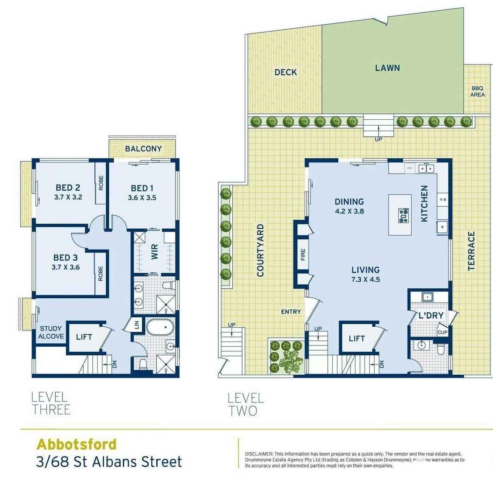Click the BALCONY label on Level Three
(143, 149)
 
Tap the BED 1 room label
(142, 188)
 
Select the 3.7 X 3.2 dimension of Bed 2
(68, 197)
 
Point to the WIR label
(154, 252)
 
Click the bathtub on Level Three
(160, 328)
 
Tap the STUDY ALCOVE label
(51, 332)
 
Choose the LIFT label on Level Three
(84, 337)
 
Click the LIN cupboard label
(136, 325)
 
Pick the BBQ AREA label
(477, 92)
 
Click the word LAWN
(387, 68)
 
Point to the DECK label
(286, 72)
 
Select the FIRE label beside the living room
(303, 254)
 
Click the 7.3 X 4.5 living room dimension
(365, 279)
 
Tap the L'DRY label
(431, 315)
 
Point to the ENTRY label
(291, 311)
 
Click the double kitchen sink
(427, 168)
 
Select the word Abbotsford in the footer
(76, 444)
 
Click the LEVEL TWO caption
(246, 404)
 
